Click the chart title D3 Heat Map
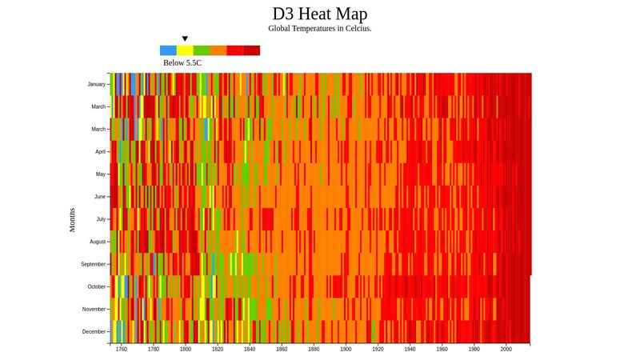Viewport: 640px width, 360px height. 320,14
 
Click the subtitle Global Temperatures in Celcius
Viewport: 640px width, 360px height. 320,29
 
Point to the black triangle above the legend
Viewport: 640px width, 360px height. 185,38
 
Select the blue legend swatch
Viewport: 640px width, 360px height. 168,50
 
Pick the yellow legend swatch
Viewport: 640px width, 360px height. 185,50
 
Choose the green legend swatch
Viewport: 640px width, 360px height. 202,50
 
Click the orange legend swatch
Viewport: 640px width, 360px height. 218,50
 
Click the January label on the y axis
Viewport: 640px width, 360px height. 96,84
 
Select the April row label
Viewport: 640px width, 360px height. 100,151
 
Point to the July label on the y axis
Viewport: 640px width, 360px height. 100,218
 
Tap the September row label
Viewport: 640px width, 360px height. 93,264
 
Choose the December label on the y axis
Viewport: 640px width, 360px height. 94,331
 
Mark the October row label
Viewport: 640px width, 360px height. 96,286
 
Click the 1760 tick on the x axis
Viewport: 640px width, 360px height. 122,350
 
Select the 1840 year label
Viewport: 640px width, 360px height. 250,350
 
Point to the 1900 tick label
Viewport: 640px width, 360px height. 346,350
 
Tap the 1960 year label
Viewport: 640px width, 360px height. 442,350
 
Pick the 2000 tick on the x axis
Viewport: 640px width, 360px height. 506,350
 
